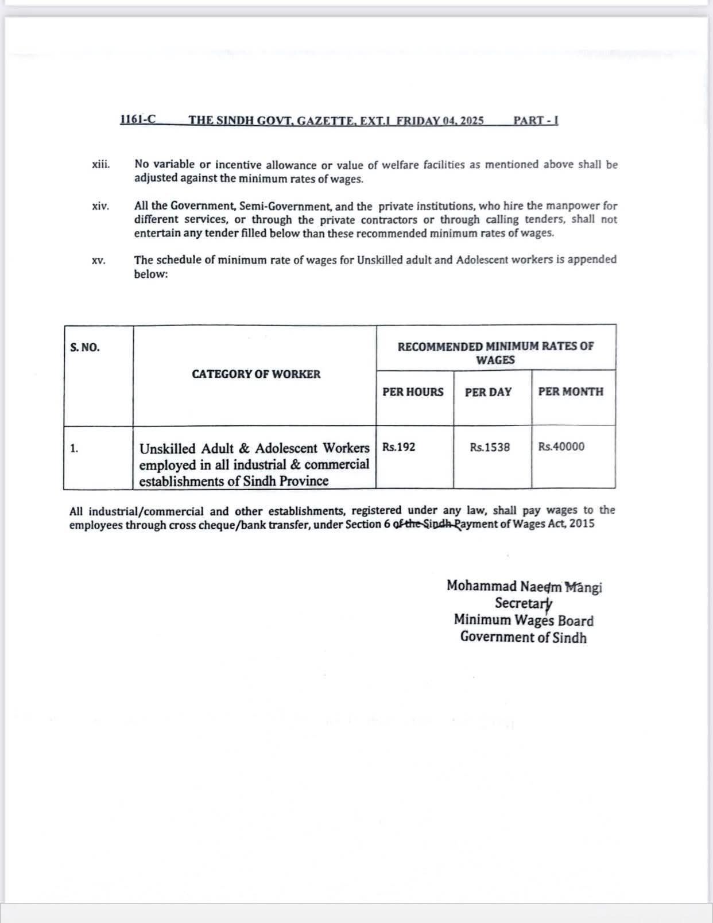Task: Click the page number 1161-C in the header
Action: click(138, 120)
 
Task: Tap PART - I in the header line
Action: click(536, 121)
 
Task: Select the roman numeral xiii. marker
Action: click(100, 165)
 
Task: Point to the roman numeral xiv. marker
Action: click(100, 206)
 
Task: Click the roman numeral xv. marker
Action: click(99, 261)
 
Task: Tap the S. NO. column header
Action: click(85, 347)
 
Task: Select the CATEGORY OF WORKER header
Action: click(256, 374)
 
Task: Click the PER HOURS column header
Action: click(413, 392)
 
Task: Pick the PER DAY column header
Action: click(488, 392)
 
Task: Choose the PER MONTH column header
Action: click(571, 391)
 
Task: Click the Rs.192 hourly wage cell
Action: click(399, 447)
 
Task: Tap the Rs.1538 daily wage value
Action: click(490, 447)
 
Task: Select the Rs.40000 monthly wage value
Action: click(561, 447)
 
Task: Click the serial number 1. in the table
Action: click(74, 448)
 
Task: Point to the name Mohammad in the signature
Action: click(481, 586)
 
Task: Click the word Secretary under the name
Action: click(524, 603)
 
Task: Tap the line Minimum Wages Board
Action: click(524, 620)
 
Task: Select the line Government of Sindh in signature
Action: click(524, 637)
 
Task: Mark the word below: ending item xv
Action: click(151, 274)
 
